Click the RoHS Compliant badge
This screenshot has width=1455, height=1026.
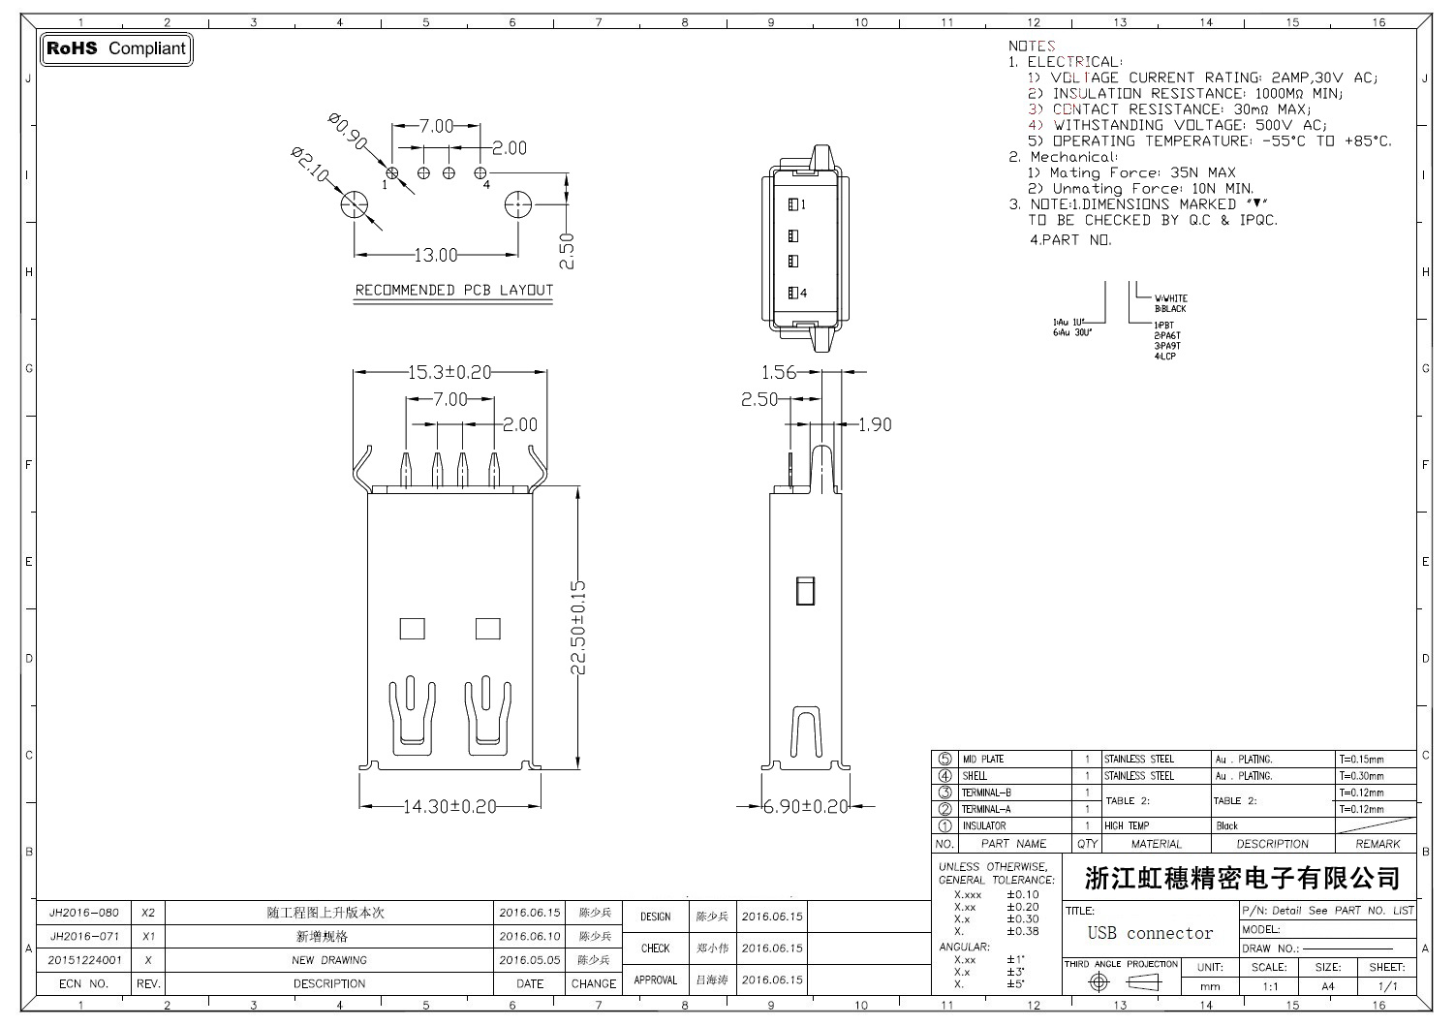pyautogui.click(x=116, y=48)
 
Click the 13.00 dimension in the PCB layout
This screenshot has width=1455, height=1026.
pyautogui.click(x=435, y=256)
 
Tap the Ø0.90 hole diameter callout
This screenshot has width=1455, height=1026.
pyautogui.click(x=349, y=132)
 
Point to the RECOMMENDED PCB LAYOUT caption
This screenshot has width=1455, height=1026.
pyautogui.click(x=453, y=290)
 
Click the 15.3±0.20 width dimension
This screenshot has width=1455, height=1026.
pyautogui.click(x=449, y=372)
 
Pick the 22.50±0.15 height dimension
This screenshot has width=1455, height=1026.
pyautogui.click(x=578, y=628)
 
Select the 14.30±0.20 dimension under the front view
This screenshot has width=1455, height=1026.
pyautogui.click(x=449, y=806)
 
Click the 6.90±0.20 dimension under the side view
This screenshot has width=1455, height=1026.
pyautogui.click(x=805, y=806)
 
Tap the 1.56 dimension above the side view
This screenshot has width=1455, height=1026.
pyautogui.click(x=778, y=372)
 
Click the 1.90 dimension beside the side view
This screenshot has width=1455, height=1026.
pyautogui.click(x=875, y=424)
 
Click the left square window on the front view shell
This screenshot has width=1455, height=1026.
pyautogui.click(x=412, y=629)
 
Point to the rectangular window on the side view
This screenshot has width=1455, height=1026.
pyautogui.click(x=804, y=591)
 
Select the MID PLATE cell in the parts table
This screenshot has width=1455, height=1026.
pyautogui.click(x=982, y=760)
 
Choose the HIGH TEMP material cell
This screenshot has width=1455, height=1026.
pyautogui.click(x=1127, y=826)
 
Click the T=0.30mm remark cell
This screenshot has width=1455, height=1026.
pyautogui.click(x=1361, y=776)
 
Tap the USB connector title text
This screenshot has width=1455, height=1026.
pyautogui.click(x=1150, y=934)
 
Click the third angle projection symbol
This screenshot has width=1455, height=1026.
pyautogui.click(x=1122, y=982)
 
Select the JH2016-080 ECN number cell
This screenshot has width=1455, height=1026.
pyautogui.click(x=84, y=913)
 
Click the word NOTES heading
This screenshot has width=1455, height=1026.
pyautogui.click(x=1032, y=46)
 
